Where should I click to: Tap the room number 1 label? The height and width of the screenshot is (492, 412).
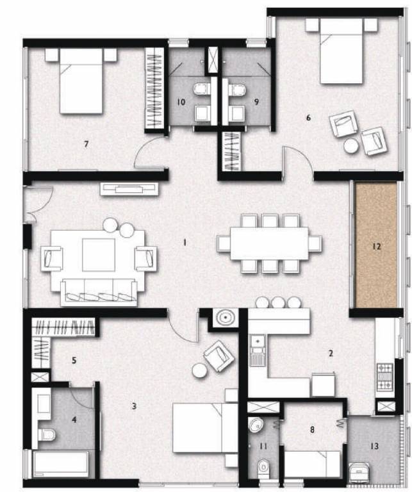[185, 243]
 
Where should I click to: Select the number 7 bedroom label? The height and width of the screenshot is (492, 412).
[85, 143]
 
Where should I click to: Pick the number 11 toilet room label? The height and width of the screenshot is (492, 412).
[263, 445]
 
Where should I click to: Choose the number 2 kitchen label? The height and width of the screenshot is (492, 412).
[331, 353]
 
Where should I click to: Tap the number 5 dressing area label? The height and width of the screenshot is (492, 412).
[74, 361]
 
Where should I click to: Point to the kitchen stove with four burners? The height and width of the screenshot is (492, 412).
[386, 377]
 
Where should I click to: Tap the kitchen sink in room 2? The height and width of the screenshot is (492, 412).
[258, 353]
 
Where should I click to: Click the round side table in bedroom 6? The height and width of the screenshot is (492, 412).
[351, 146]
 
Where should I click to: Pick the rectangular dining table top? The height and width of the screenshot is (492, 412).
[269, 243]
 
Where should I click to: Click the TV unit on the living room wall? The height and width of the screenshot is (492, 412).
[128, 188]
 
